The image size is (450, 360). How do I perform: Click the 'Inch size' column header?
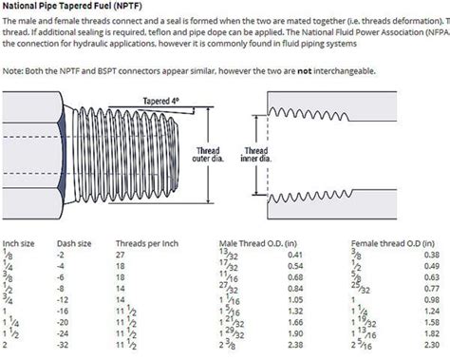[x=20, y=243]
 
